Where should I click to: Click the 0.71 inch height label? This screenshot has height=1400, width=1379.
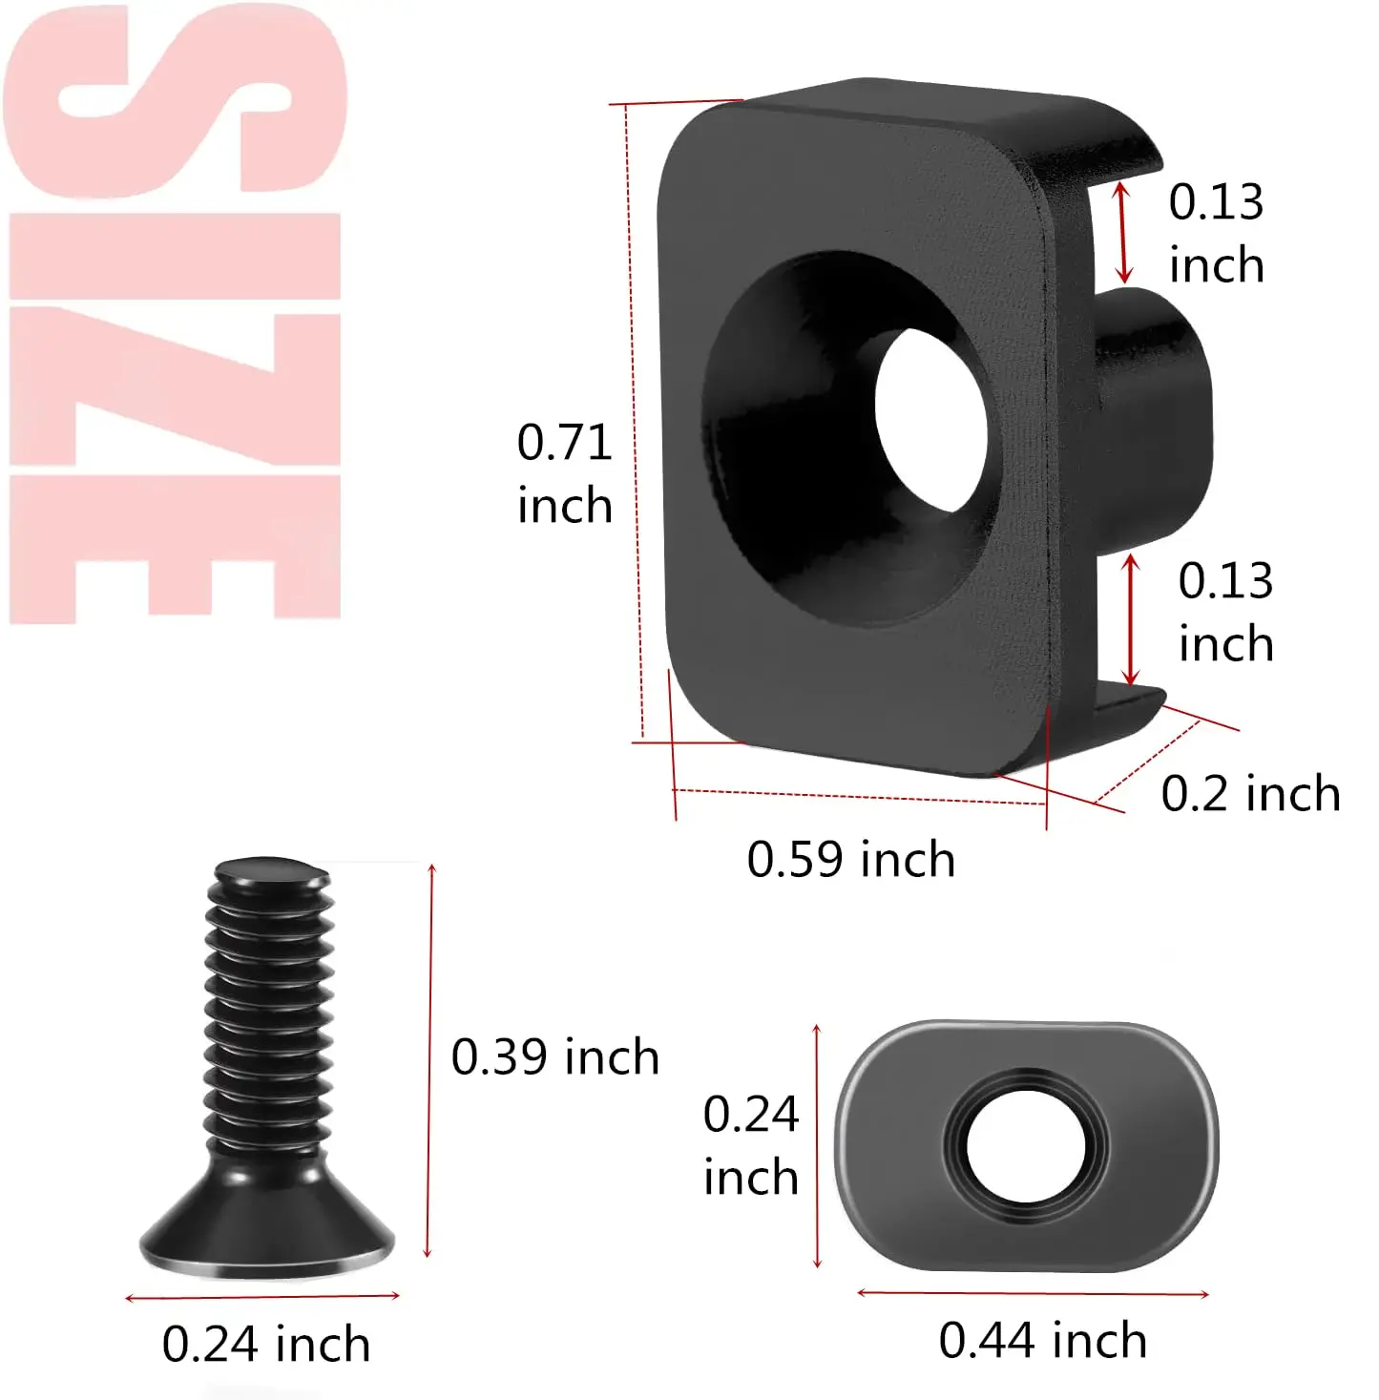[x=565, y=473]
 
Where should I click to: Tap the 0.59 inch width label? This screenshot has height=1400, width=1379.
[x=851, y=859]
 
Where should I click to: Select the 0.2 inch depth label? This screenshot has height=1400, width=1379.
[x=1250, y=793]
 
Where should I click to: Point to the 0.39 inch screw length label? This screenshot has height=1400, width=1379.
[x=555, y=1056]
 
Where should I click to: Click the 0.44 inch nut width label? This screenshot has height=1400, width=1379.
[x=1043, y=1340]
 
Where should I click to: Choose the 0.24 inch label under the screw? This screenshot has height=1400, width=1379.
[x=266, y=1344]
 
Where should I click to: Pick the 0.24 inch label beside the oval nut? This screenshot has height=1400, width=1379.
[x=750, y=1144]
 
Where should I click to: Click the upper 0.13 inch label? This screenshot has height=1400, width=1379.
[x=1216, y=233]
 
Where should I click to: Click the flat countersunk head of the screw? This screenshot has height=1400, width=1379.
[x=266, y=1228]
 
